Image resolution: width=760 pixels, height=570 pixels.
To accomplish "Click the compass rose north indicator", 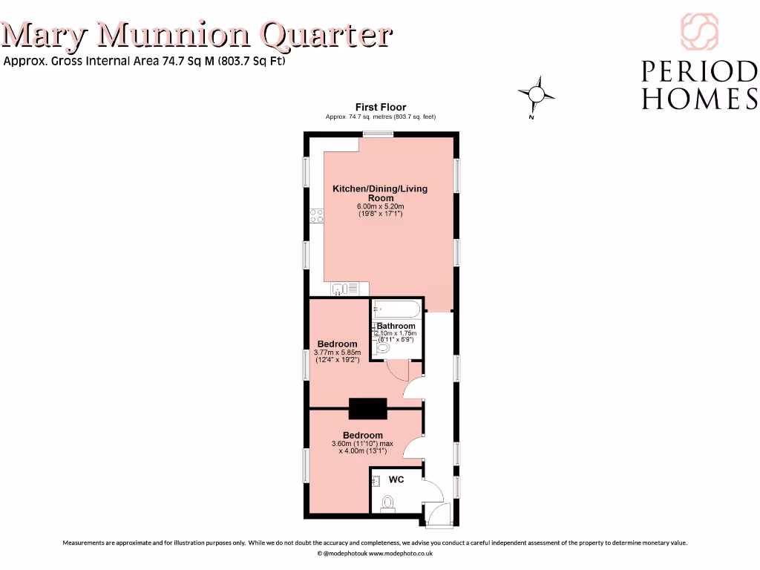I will coord(536,94).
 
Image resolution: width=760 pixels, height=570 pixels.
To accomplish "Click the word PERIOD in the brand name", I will coord(698,72).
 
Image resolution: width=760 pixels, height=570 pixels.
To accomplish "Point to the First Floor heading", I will coord(380,108).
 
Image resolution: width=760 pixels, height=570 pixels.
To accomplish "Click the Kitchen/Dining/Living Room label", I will coord(380,193).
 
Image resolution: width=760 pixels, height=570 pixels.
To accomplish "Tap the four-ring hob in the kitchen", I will coord(317,216).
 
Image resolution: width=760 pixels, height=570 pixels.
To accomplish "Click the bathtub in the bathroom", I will coord(396,309).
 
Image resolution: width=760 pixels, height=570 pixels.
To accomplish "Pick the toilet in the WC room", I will coord(387,504).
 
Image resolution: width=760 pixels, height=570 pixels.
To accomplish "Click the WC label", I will coord(396,480).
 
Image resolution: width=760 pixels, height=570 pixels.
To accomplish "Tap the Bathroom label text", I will coord(396,326).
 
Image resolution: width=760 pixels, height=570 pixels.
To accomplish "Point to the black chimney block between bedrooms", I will coord(368,408).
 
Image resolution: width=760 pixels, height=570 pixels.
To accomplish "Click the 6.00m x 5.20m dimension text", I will coord(380,206).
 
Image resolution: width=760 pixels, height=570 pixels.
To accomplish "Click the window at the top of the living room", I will coord(378,134).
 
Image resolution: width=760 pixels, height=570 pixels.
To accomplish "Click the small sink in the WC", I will coord(376,480).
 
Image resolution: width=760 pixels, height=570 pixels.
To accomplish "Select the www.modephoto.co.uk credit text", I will coord(401,554).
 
